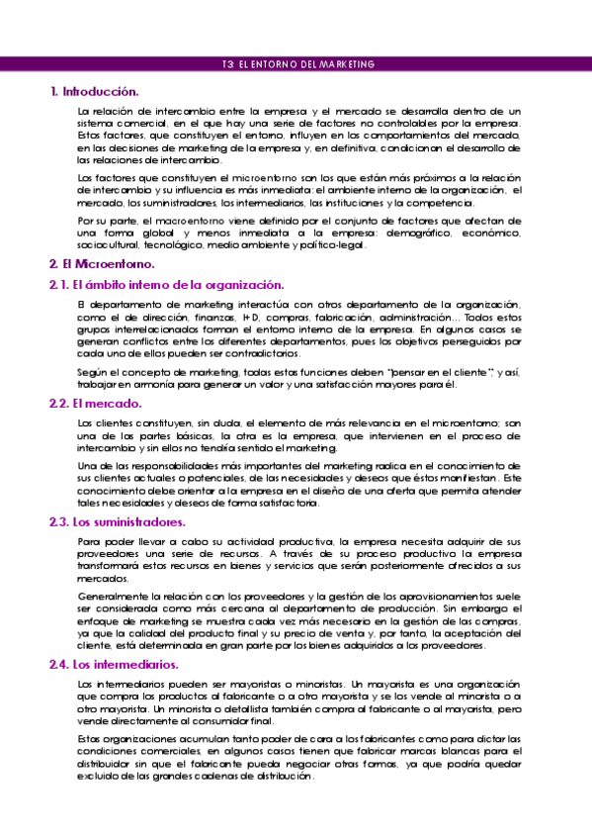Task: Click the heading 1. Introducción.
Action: pyautogui.click(x=94, y=91)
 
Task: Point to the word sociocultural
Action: pyautogui.click(x=108, y=245)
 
